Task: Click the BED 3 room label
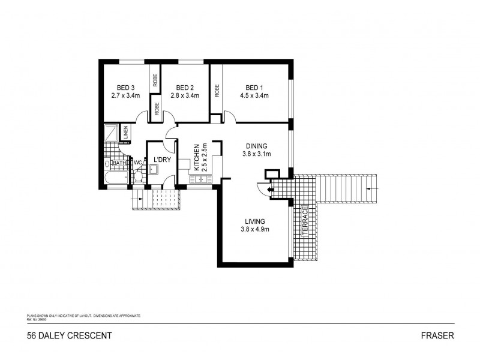(x=125, y=87)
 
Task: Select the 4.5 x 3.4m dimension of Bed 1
(x=255, y=95)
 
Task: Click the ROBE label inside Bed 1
(x=217, y=91)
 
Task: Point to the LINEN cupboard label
(x=126, y=132)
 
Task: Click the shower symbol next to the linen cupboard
(x=112, y=132)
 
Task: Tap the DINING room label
(x=256, y=146)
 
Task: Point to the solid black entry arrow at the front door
(x=270, y=190)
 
